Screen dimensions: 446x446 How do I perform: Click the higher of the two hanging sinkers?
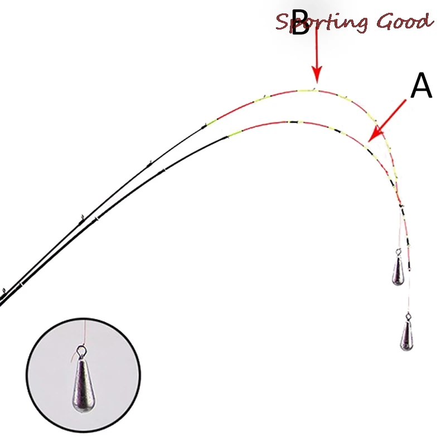click(397, 271)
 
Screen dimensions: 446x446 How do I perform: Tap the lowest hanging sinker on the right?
click(407, 334)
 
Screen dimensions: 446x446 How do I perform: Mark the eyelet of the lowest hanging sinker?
click(408, 317)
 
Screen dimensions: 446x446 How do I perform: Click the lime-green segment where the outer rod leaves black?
click(211, 122)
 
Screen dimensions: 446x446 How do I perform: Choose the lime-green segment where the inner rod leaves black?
click(234, 133)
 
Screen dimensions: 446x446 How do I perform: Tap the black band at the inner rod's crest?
click(292, 122)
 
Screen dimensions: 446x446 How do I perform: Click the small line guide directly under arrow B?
click(315, 88)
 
